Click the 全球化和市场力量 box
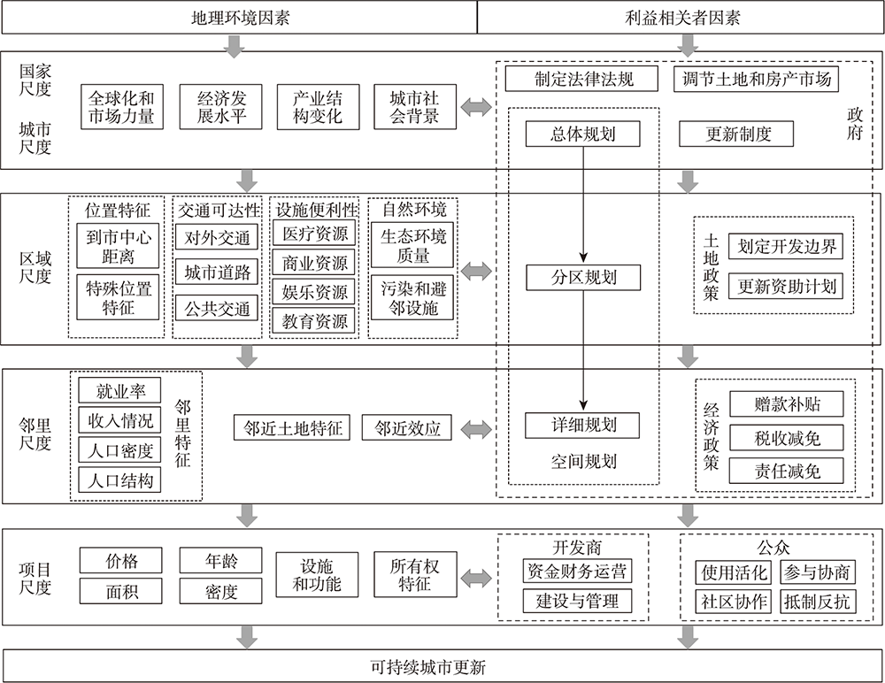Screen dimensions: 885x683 (x=122, y=107)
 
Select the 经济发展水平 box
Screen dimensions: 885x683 (x=220, y=107)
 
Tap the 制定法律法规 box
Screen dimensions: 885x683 (x=581, y=79)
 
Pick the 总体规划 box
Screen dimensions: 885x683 (x=583, y=134)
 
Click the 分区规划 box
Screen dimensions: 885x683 (x=583, y=278)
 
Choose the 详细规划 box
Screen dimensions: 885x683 (x=582, y=426)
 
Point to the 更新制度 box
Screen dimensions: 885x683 (x=736, y=134)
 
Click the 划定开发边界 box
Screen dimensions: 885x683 (x=786, y=246)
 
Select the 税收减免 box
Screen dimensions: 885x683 (x=787, y=438)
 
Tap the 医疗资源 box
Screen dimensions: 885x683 (x=314, y=234)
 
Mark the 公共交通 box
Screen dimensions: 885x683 (x=217, y=309)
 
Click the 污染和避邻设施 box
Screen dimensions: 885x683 (x=412, y=297)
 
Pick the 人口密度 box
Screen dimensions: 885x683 (x=119, y=450)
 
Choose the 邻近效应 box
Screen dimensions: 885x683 (x=407, y=428)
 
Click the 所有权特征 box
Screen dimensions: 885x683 (x=415, y=575)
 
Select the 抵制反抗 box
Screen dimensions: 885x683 (x=817, y=602)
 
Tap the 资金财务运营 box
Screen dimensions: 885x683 (x=577, y=571)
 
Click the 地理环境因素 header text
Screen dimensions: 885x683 (x=241, y=18)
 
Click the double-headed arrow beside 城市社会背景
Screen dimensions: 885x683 (x=476, y=107)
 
